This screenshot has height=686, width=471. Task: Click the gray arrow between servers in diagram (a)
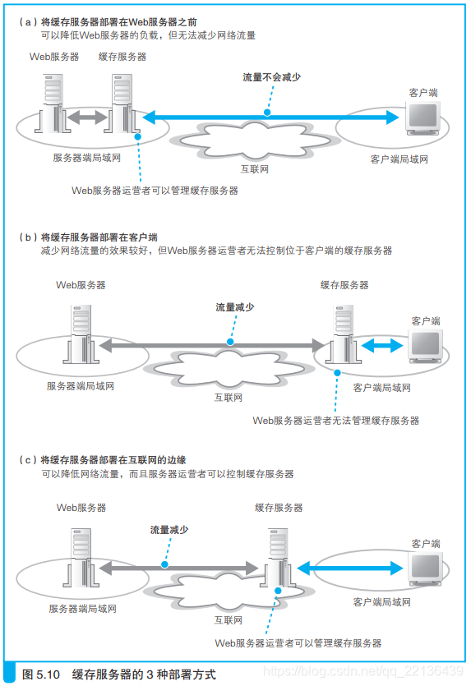coord(86,118)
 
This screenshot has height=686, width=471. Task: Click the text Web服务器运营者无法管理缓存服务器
coord(335,420)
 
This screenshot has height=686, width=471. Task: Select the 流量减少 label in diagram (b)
coord(234,306)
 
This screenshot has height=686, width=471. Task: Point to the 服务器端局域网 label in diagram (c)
coord(82,609)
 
